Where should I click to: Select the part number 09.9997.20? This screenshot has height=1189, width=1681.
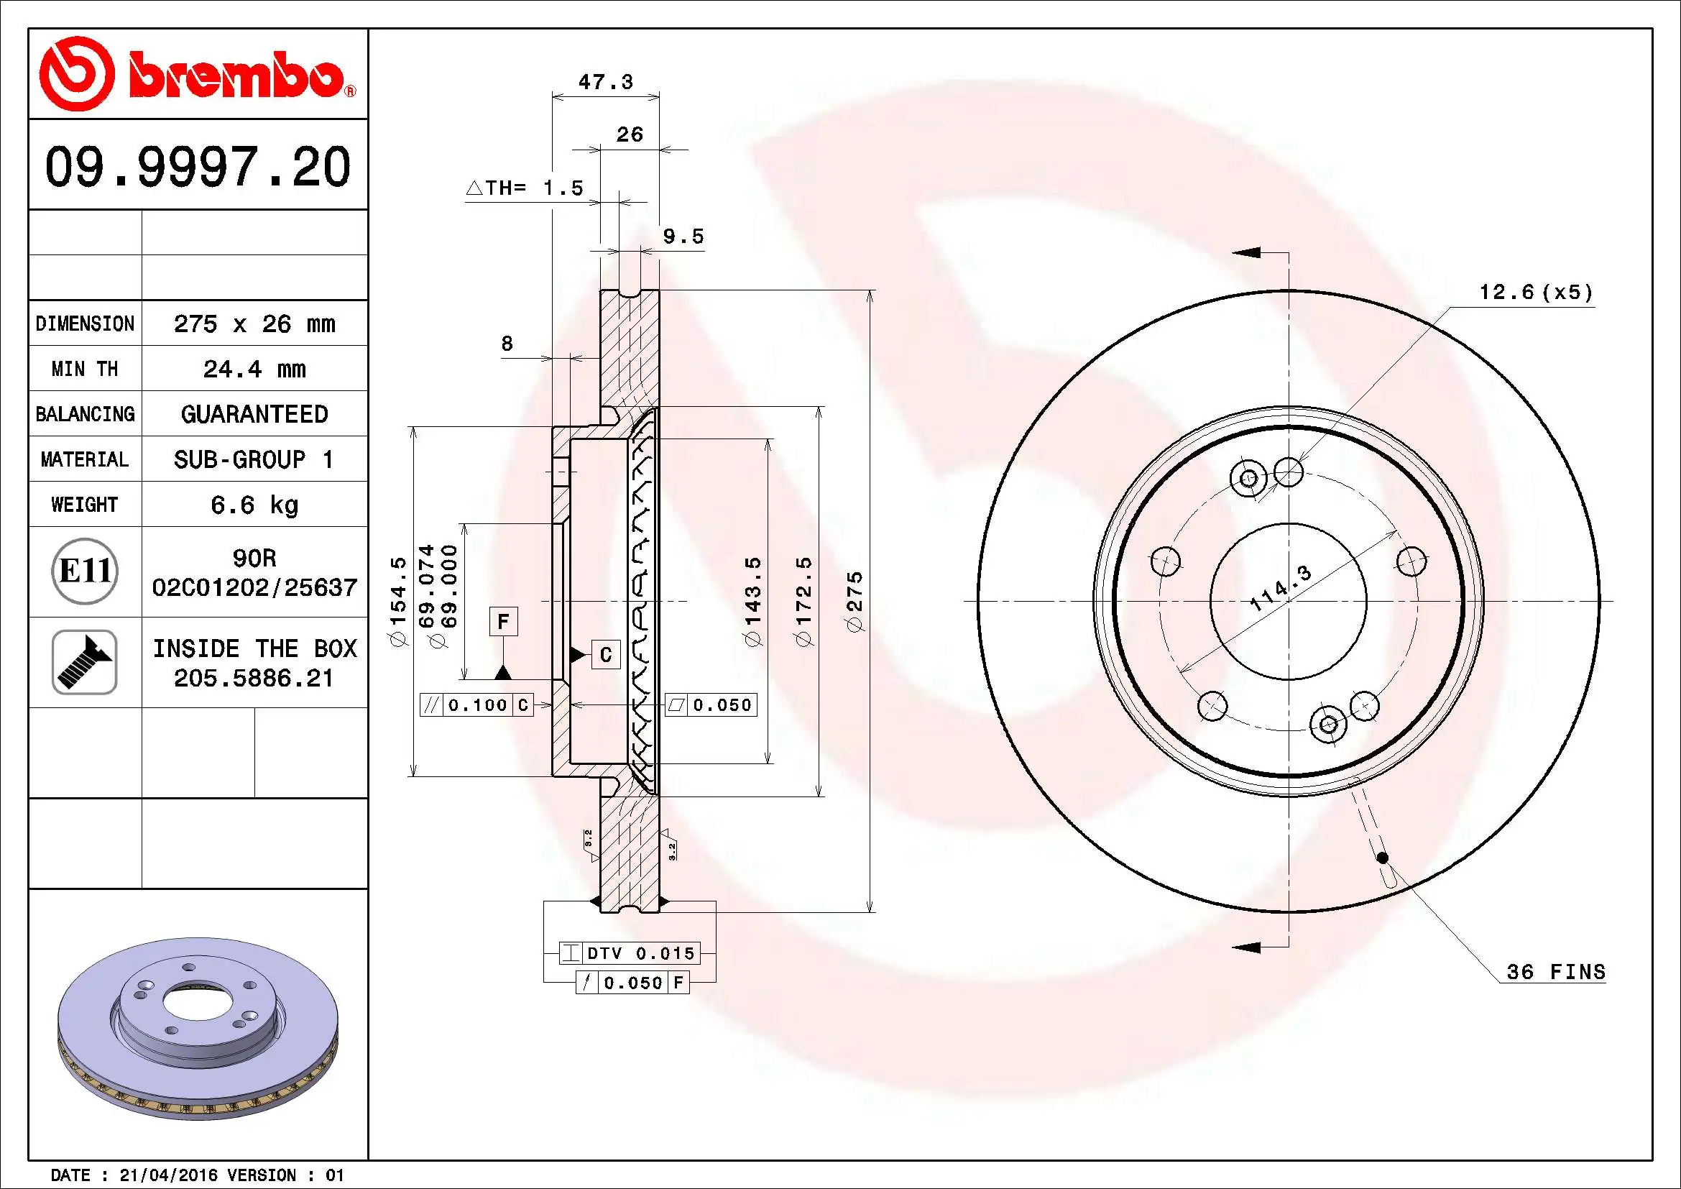click(198, 167)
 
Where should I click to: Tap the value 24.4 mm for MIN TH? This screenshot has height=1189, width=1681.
click(254, 369)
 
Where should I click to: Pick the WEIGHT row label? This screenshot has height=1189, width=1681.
click(84, 505)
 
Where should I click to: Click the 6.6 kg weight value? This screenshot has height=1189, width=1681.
click(254, 505)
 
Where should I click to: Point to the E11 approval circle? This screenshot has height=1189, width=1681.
click(85, 571)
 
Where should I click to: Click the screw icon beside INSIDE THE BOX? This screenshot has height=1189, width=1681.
click(84, 662)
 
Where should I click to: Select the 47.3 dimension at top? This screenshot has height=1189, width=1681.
click(605, 81)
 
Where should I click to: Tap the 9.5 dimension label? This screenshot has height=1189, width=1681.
click(683, 237)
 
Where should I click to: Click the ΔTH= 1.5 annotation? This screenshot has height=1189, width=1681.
click(525, 188)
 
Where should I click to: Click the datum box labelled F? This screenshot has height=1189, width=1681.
click(503, 622)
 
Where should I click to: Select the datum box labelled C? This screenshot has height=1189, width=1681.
click(605, 655)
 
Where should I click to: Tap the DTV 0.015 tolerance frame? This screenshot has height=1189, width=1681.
click(630, 953)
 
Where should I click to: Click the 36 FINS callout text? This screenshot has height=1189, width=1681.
click(1555, 972)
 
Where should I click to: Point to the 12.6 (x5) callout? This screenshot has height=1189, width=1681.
click(1535, 292)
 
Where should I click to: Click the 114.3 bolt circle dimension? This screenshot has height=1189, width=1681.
click(1280, 589)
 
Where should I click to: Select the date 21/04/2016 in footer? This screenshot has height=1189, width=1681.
click(167, 1175)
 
